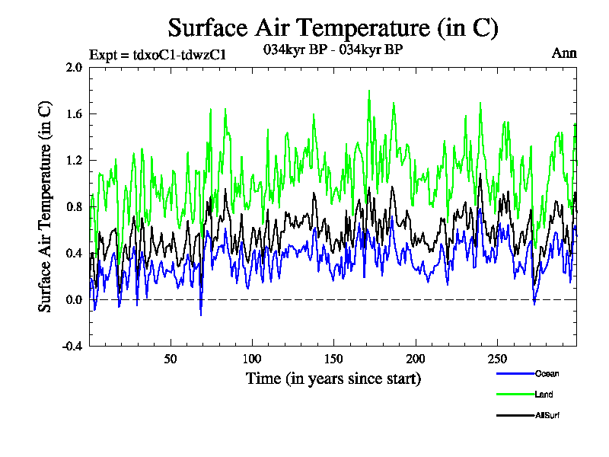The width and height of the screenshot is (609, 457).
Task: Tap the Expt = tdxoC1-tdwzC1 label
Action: tap(158, 54)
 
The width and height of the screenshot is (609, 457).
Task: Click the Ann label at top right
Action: tap(564, 53)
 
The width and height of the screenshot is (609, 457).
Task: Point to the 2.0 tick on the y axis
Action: tap(74, 67)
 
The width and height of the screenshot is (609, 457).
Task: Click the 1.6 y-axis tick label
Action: tap(74, 113)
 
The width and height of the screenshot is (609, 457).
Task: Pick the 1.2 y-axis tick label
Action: tap(74, 160)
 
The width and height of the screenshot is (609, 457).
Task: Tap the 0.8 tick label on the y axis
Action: tap(74, 206)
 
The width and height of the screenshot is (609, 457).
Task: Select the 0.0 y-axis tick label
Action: tap(74, 299)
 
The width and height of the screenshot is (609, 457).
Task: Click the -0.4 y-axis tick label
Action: tap(72, 346)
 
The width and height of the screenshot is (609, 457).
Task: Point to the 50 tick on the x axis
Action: tap(171, 359)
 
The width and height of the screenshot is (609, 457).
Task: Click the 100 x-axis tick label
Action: tap(252, 359)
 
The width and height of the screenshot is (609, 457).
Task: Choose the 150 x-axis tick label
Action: tap(333, 359)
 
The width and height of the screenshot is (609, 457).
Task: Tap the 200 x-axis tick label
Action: tap(415, 359)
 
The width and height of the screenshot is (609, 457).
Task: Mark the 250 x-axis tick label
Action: tap(496, 359)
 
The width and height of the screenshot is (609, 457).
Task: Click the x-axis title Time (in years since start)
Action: tap(333, 379)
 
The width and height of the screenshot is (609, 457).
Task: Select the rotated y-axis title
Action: tap(46, 206)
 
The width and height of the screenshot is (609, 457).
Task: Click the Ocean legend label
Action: tap(547, 373)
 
